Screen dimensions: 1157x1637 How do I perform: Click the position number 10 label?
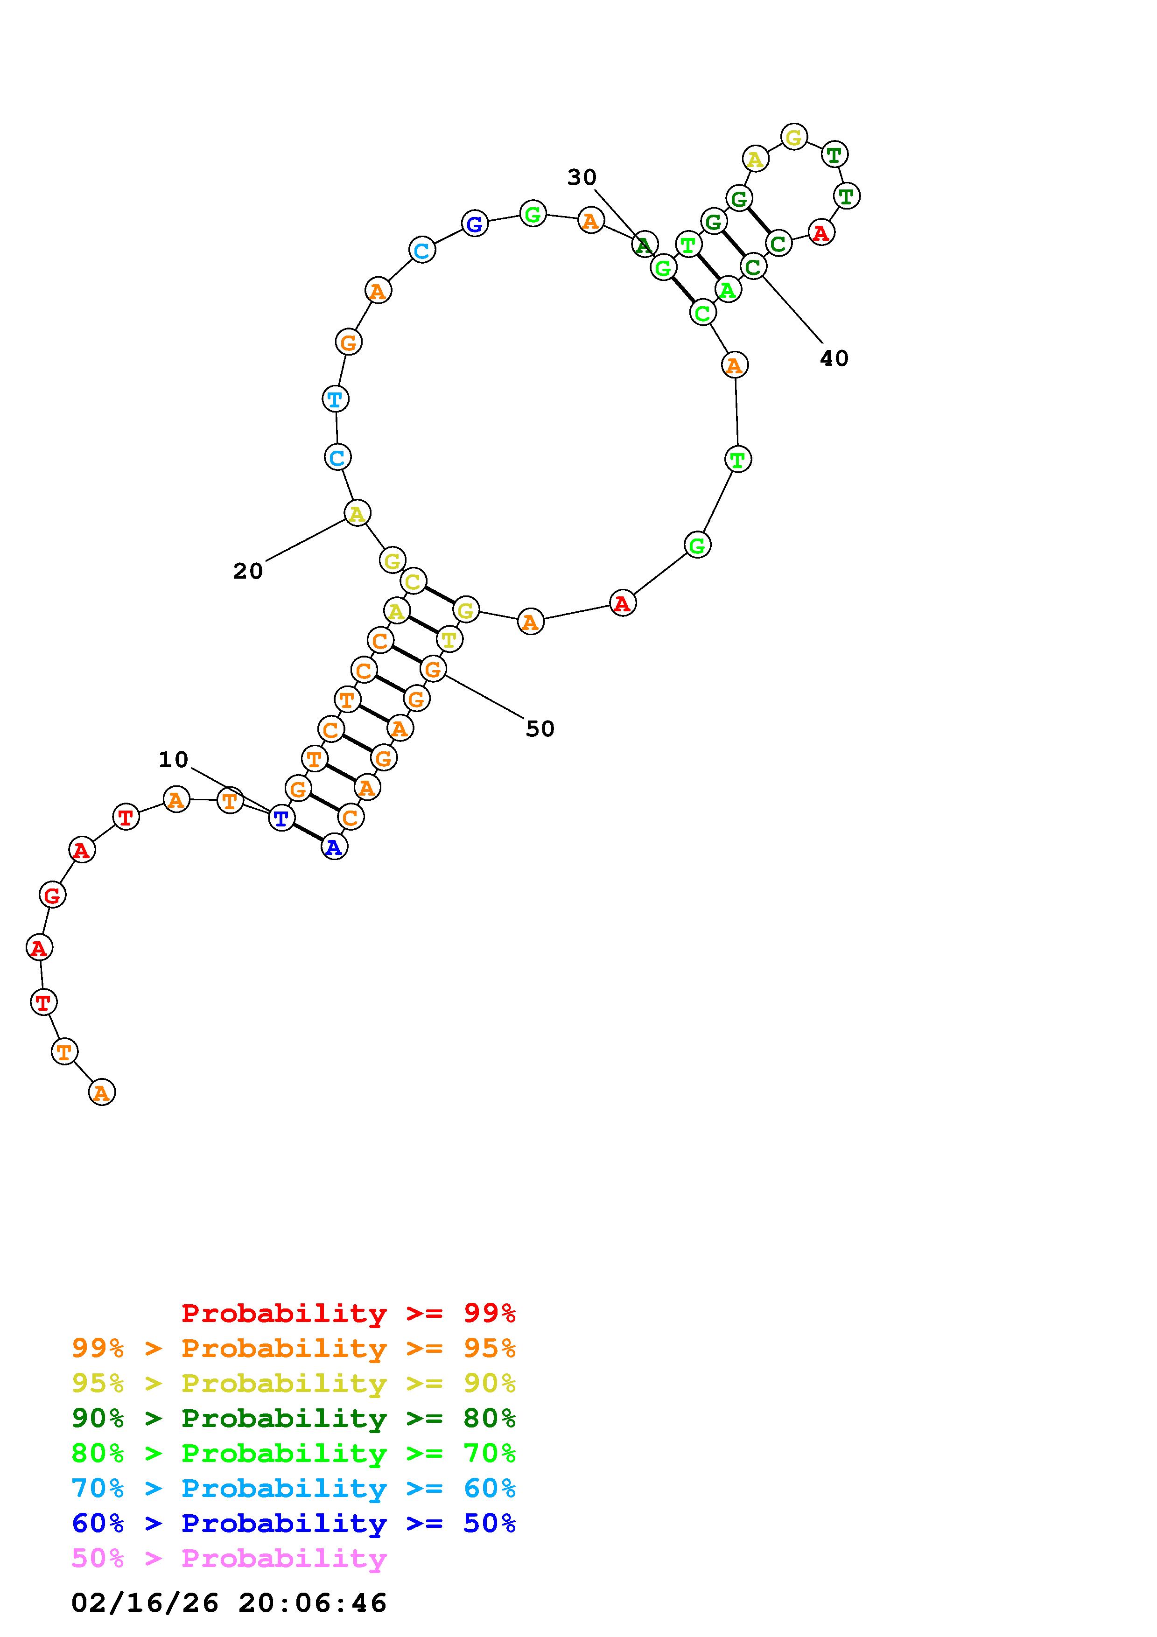[173, 760]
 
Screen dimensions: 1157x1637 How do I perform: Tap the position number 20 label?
[248, 571]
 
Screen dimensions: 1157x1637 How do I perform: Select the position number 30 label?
[582, 177]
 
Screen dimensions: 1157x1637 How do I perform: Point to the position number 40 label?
[834, 359]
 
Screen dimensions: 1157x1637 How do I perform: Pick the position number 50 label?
[540, 728]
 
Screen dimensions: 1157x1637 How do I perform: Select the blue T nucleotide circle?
[281, 818]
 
